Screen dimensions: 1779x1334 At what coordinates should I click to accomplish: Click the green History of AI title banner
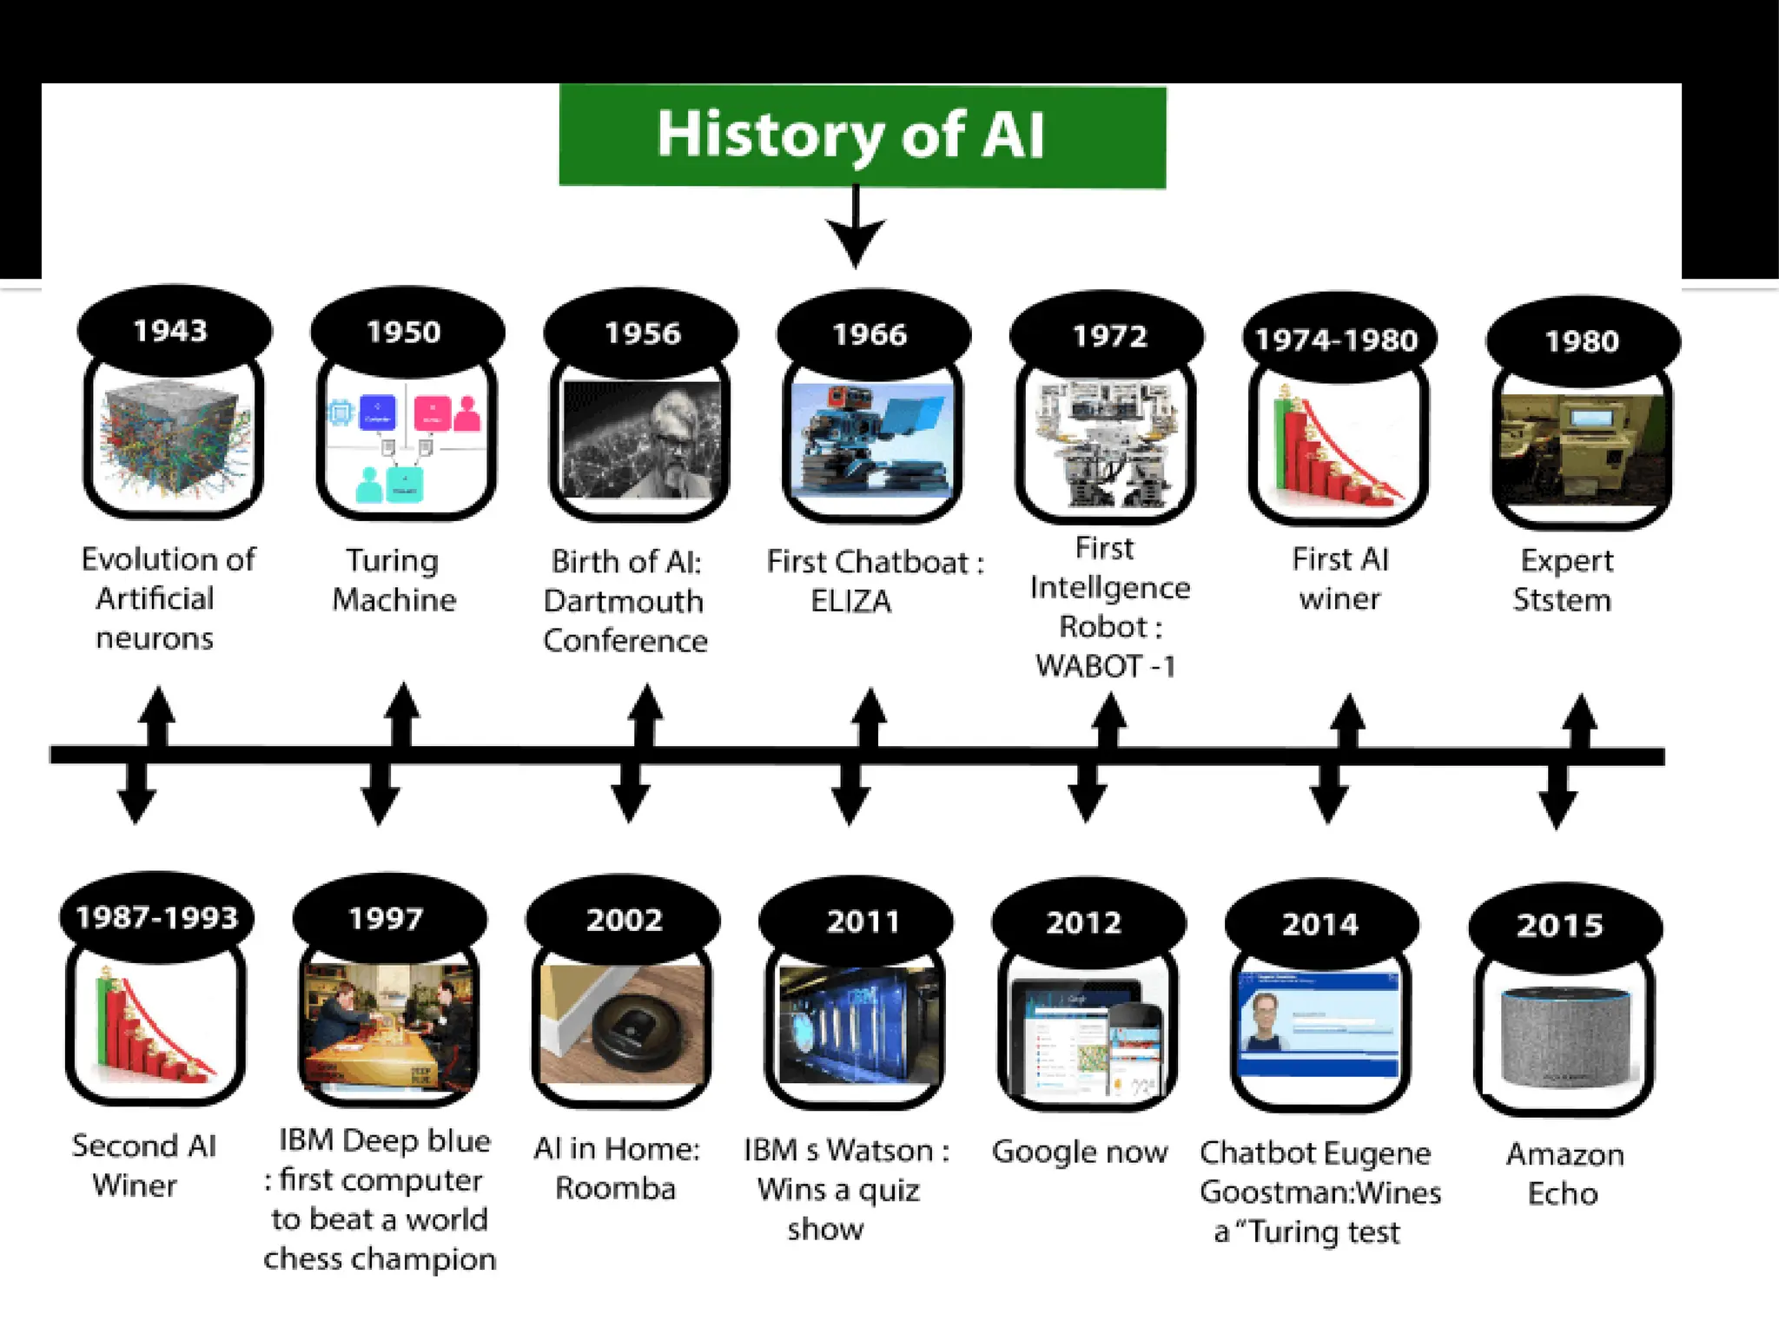coord(862,135)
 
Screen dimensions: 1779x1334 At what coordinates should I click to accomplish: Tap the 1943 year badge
coord(172,331)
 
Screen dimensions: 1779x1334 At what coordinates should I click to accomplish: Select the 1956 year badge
coord(642,333)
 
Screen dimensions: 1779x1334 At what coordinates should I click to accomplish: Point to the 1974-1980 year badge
coord(1337,340)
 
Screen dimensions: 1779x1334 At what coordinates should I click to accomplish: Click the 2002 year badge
coord(624,919)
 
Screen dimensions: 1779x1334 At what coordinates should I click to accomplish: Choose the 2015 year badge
coord(1561,925)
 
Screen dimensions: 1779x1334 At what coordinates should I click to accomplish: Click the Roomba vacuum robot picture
coord(622,1025)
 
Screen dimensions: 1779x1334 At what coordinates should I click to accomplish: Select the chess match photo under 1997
coord(388,1025)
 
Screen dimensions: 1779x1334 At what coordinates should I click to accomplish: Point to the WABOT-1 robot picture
coord(1105,443)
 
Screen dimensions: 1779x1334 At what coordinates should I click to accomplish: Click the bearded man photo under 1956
coord(641,439)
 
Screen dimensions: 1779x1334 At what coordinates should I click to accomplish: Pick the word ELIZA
coord(850,601)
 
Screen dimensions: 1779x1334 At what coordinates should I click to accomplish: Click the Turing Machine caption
coord(393,580)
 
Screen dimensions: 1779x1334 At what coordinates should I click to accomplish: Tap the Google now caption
coord(1080,1152)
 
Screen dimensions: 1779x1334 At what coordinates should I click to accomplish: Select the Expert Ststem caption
coord(1564,580)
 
